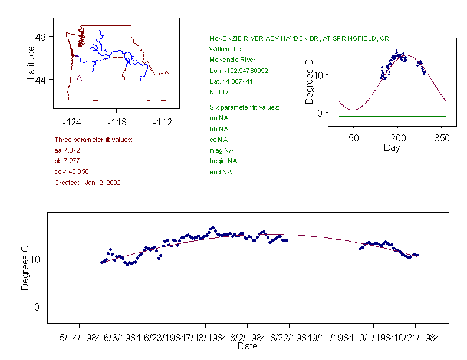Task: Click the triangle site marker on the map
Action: [79, 78]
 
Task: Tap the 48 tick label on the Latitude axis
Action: [41, 37]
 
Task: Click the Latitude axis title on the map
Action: [31, 62]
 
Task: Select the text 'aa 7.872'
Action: [66, 150]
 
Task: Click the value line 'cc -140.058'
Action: [71, 171]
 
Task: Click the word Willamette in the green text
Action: [225, 49]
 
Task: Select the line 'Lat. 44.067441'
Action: [231, 81]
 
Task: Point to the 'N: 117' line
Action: [219, 92]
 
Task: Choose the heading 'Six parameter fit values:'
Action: [244, 107]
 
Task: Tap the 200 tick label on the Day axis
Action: [397, 138]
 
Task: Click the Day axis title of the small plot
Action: [392, 147]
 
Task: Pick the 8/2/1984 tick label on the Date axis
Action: [248, 338]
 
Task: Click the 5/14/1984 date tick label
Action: [80, 338]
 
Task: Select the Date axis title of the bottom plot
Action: [247, 346]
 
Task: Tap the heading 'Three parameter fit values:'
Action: [93, 140]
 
